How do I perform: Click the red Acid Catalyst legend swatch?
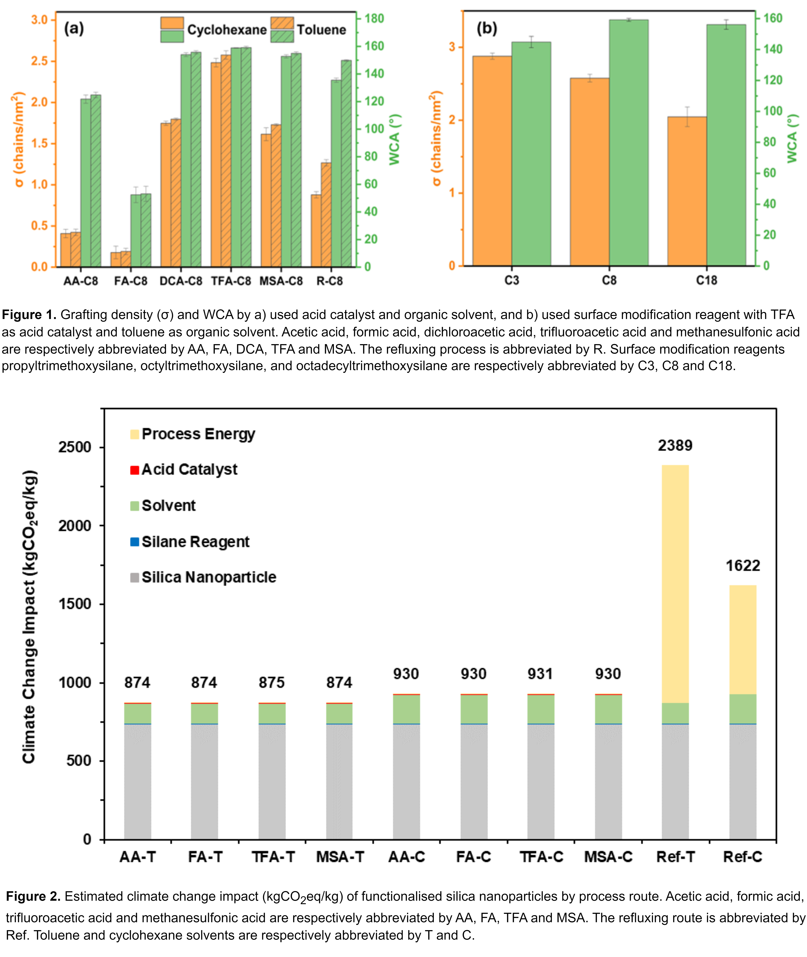coord(135,470)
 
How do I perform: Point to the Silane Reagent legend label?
coord(195,542)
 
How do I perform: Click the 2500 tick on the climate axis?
coord(75,447)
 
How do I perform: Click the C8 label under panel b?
coord(609,280)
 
